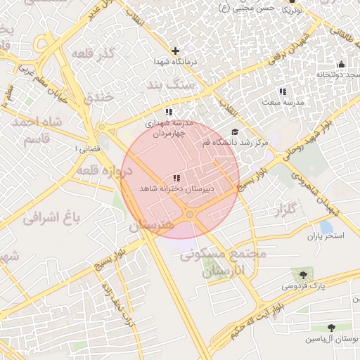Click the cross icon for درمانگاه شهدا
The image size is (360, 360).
175,51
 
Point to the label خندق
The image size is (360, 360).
99,98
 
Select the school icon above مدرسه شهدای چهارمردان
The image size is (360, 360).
169,112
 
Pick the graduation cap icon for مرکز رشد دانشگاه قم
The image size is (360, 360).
234,131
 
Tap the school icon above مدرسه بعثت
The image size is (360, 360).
283,91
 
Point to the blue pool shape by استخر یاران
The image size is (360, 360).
326,226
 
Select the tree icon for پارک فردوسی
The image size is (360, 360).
303,274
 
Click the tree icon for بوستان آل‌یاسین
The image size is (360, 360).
331,328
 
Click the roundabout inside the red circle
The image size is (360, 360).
190,214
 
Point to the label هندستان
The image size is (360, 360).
150,226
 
